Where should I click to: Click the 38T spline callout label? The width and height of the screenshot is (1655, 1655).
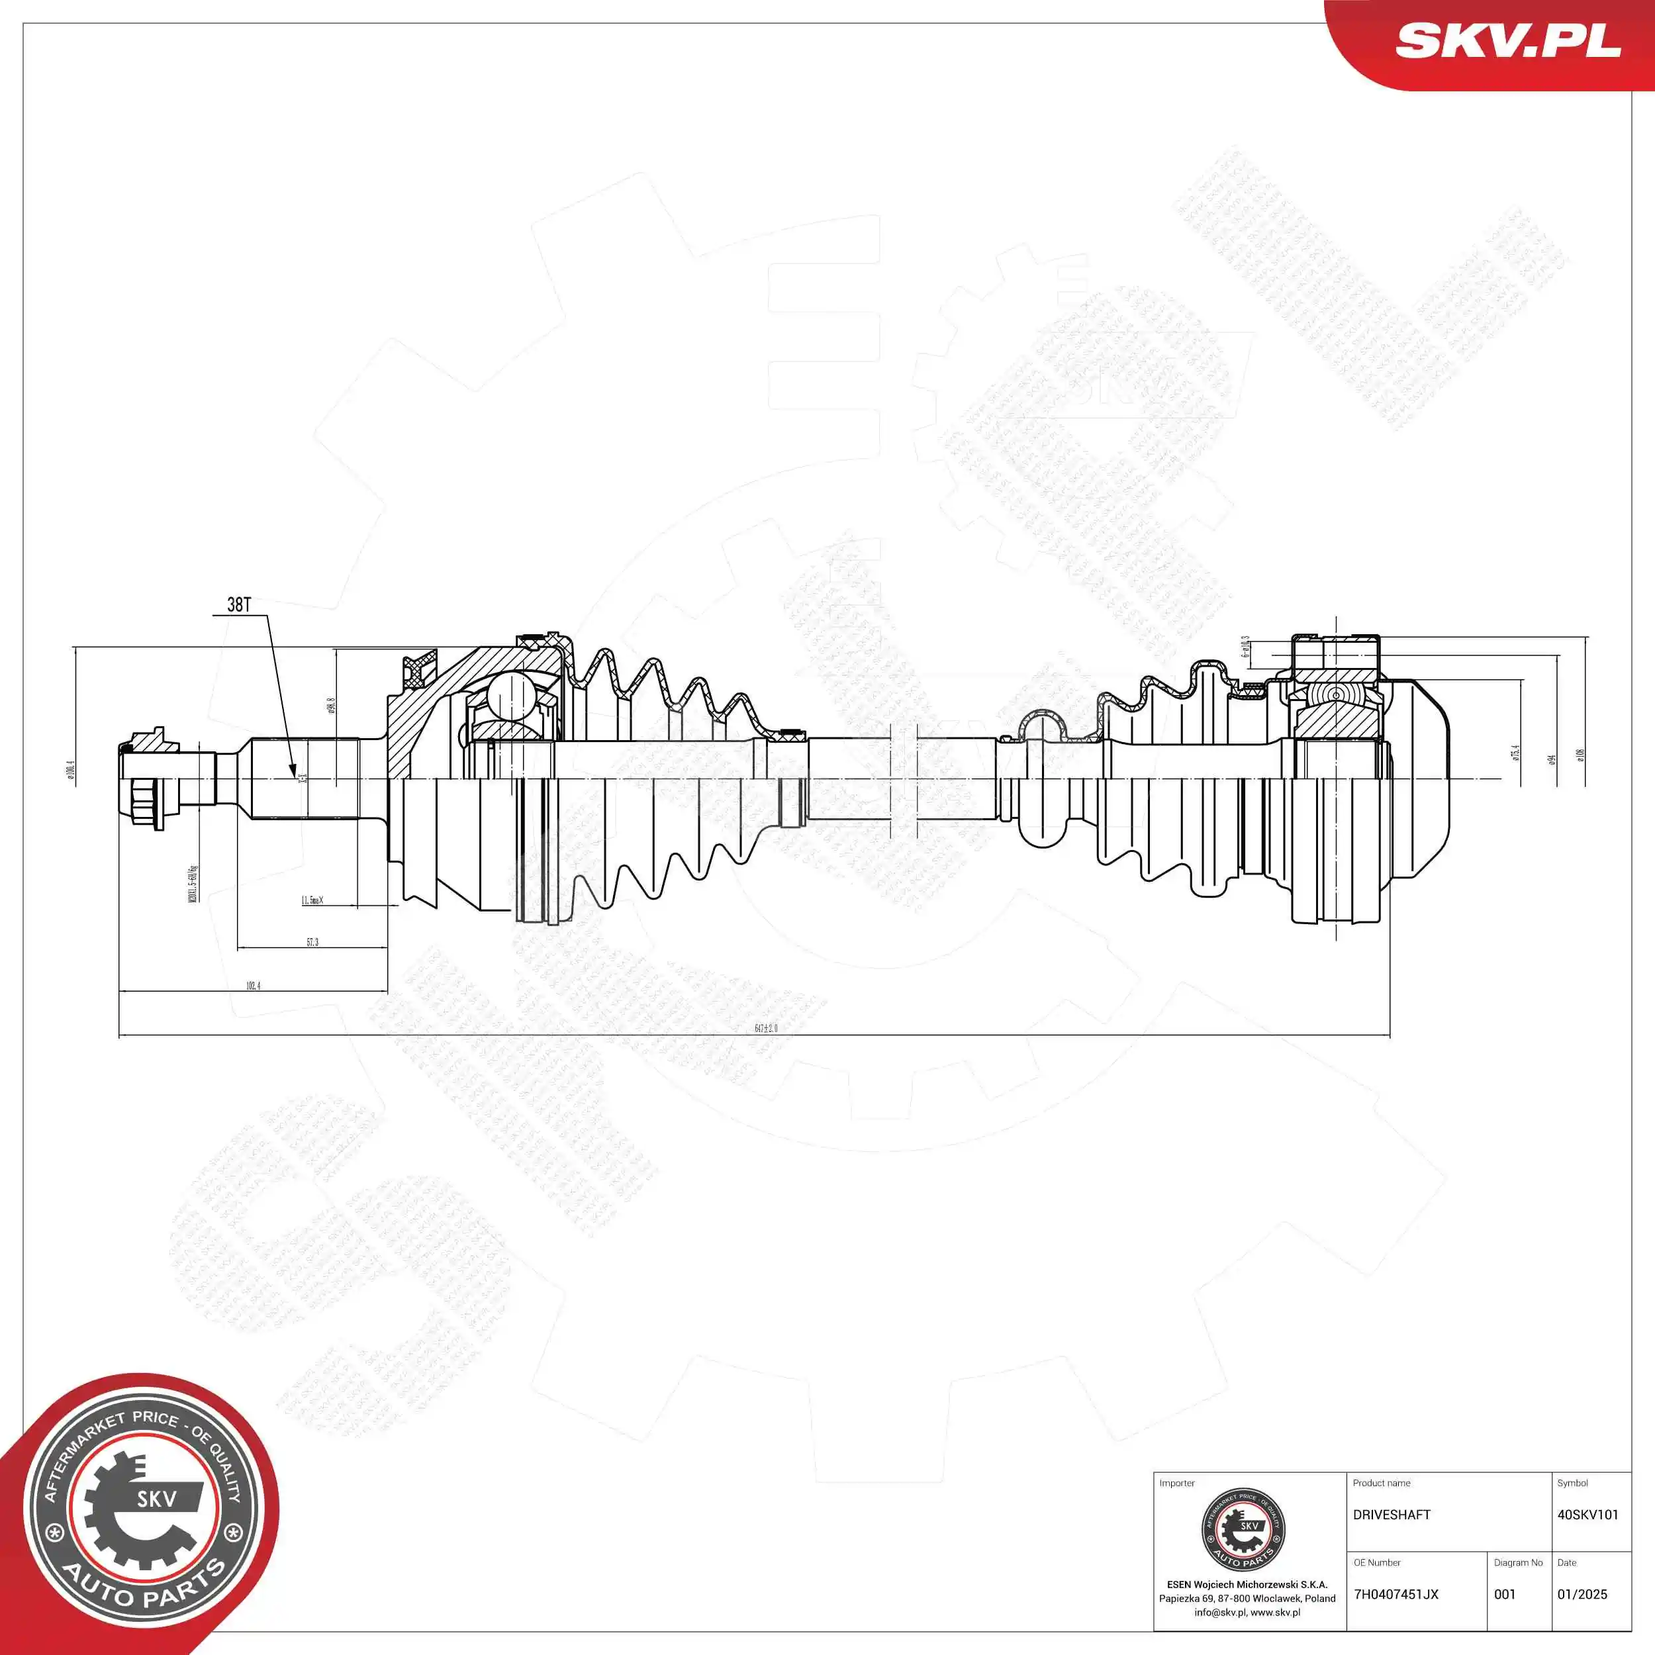239,605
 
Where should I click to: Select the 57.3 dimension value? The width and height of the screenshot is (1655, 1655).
312,942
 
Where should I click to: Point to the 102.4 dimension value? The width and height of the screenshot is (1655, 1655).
253,986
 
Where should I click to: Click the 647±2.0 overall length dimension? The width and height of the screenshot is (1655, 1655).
766,1028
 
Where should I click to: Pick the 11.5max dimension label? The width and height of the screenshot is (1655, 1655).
312,900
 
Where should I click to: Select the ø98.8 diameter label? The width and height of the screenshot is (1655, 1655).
330,705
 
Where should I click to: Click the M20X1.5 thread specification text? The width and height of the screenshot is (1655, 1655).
193,883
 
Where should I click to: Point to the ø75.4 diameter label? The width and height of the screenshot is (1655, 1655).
1515,753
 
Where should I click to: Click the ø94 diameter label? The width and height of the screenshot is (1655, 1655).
1551,759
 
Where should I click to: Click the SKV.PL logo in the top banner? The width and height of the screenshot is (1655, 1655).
1507,40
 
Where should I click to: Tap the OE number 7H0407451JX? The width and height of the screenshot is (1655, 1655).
1395,1594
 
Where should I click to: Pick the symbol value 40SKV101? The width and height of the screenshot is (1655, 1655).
1587,1515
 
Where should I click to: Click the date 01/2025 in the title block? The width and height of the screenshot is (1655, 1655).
1582,1594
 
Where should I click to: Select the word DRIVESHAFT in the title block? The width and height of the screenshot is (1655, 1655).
1391,1515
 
